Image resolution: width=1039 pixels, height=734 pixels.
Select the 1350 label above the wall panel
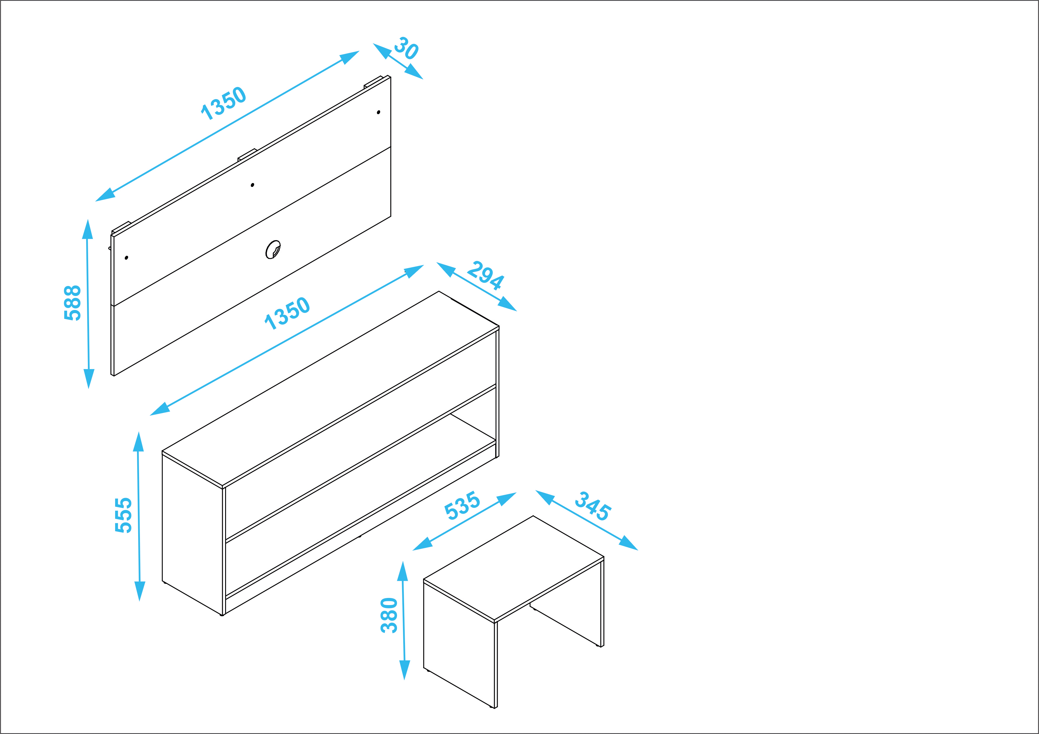point(224,103)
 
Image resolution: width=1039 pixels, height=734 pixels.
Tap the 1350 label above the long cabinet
point(287,313)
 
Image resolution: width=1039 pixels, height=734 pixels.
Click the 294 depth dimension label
point(485,275)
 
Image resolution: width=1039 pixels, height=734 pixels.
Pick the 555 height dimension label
point(123,515)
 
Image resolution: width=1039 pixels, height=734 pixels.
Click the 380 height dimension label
point(389,615)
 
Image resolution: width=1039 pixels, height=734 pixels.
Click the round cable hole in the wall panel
point(273,249)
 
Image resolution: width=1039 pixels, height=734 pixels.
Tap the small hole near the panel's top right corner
point(378,112)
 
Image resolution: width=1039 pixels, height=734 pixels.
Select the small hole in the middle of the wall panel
point(253,185)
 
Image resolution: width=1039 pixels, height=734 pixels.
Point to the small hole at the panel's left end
point(126,258)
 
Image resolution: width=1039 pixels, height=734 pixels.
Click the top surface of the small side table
point(514,568)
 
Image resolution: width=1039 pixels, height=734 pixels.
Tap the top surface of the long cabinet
point(330,389)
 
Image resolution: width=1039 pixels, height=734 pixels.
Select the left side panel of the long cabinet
point(192,534)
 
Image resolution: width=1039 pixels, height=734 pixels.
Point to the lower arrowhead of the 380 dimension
point(404,670)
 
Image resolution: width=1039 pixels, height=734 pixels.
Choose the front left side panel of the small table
point(459,644)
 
